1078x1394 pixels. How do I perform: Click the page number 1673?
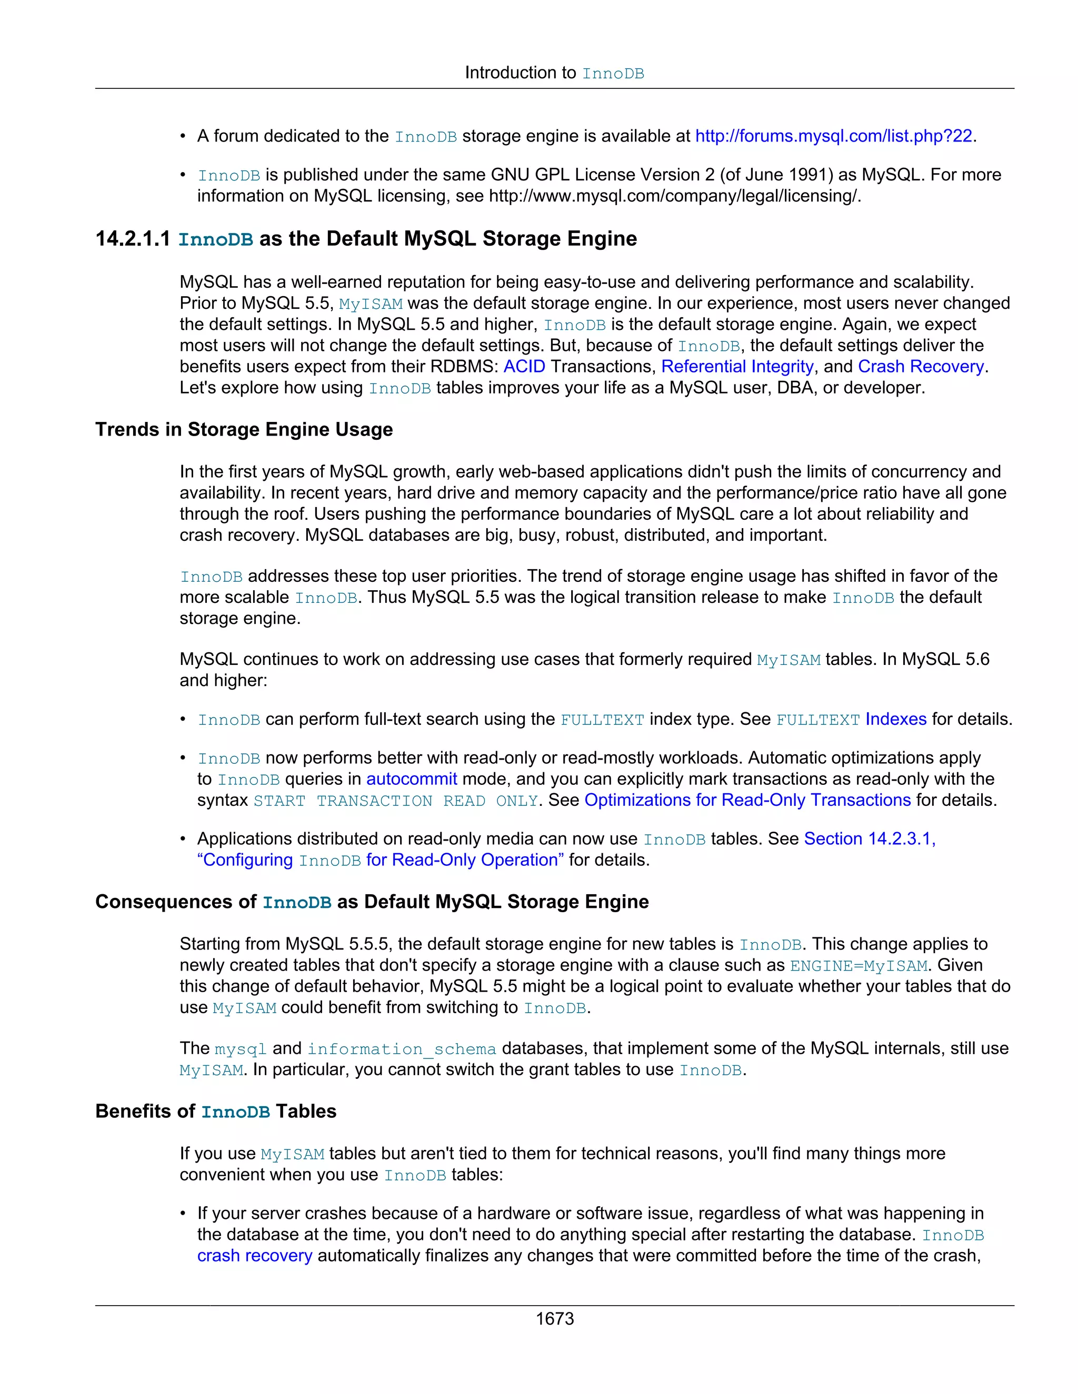click(x=554, y=1319)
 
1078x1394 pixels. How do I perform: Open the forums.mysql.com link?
click(x=833, y=136)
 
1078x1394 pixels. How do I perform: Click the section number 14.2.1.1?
click(x=133, y=239)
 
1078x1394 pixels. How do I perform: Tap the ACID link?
click(x=524, y=366)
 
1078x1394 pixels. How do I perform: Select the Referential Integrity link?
click(x=737, y=366)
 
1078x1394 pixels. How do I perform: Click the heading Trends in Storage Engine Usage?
click(x=244, y=430)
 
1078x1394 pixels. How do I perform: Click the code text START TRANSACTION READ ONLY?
click(x=396, y=801)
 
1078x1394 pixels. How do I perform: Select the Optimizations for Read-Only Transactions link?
click(x=747, y=801)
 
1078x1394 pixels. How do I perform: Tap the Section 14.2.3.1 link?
click(x=869, y=839)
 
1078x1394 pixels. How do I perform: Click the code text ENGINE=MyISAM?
click(x=859, y=966)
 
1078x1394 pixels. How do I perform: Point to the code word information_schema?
click(x=402, y=1049)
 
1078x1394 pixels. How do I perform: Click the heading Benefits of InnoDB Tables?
click(x=216, y=1111)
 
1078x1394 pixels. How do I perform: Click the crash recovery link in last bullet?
click(x=254, y=1256)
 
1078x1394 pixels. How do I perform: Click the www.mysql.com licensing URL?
click(x=674, y=196)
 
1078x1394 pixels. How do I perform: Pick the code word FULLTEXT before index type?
click(x=602, y=720)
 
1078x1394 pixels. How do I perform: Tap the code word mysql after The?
click(x=241, y=1049)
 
